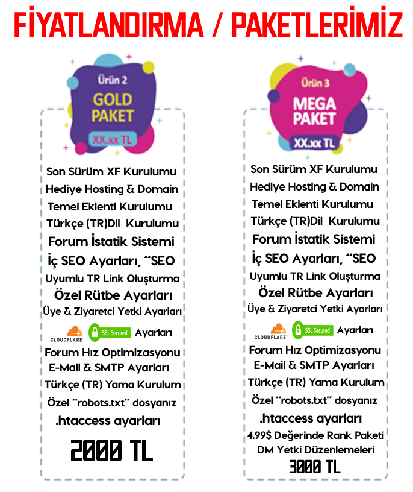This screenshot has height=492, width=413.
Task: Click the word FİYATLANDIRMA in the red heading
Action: (109, 22)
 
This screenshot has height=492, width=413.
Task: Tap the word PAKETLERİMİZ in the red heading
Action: (317, 22)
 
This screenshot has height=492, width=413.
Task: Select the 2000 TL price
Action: (112, 450)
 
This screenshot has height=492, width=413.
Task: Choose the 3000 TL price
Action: (315, 467)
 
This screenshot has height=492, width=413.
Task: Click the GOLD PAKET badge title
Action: (113, 107)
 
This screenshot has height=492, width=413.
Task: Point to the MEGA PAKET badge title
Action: (314, 111)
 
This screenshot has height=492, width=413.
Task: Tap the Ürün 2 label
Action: (112, 80)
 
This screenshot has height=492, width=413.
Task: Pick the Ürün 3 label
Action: (315, 83)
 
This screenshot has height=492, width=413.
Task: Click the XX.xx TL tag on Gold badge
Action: (113, 139)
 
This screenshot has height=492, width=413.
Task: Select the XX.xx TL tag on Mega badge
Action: (314, 143)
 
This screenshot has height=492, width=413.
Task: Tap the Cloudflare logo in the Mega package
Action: (270, 332)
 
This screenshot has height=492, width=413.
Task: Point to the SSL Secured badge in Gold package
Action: (110, 333)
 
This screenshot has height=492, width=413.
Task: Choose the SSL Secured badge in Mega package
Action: (312, 330)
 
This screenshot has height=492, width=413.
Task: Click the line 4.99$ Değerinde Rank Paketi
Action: (315, 435)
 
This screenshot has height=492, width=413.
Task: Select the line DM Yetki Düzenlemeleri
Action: (316, 450)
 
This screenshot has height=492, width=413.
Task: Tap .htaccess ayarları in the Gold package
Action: (108, 421)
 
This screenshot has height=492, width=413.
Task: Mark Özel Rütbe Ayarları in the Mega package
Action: (315, 293)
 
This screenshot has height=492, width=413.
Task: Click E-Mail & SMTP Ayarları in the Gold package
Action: (109, 367)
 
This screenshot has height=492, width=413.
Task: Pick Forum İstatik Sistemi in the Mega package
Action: (314, 239)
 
